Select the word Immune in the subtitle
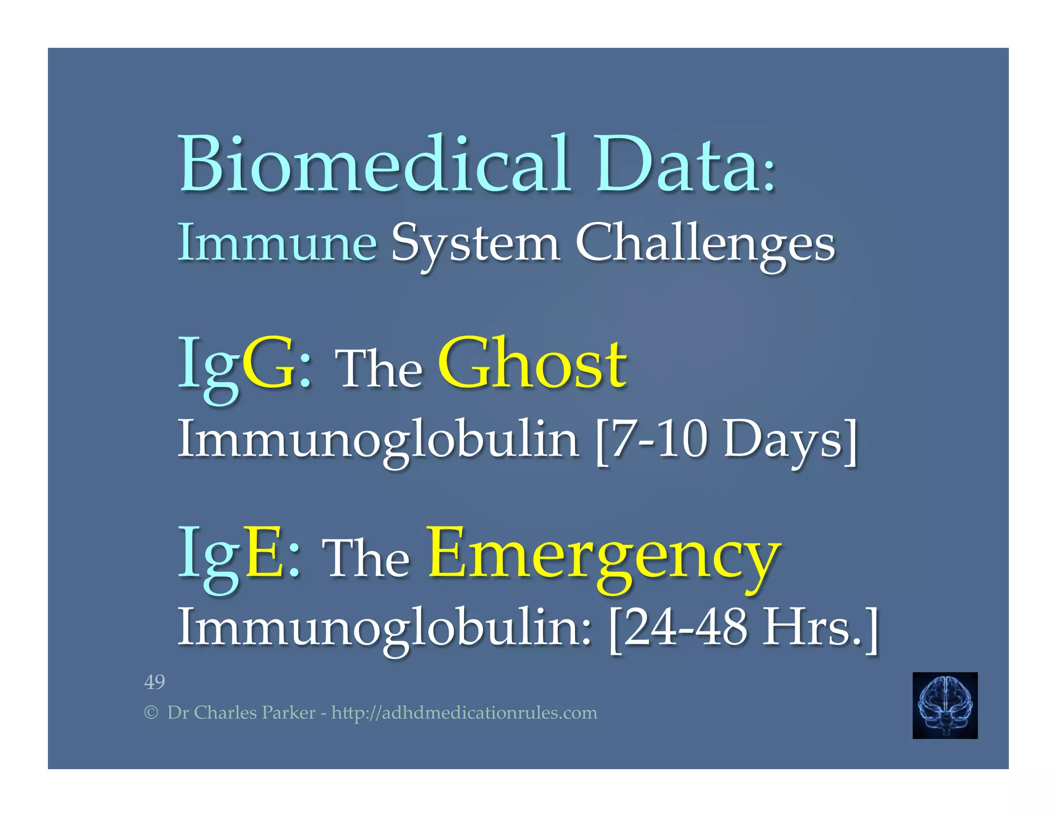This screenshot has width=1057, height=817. click(277, 243)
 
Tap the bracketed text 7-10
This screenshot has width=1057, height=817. click(655, 439)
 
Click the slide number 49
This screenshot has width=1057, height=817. click(154, 682)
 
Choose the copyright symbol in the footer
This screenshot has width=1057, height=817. click(151, 713)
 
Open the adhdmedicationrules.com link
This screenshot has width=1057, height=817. click(464, 713)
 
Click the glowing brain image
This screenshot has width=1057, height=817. click(944, 705)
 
